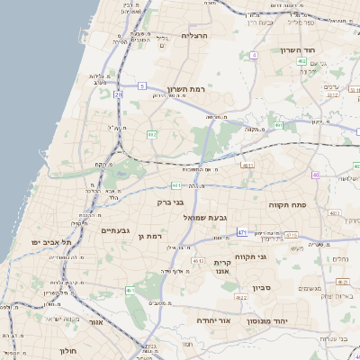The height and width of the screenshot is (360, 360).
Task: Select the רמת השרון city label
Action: point(187,89)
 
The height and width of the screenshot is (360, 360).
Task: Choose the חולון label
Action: point(70,350)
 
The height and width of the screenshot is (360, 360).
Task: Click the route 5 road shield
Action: point(141,86)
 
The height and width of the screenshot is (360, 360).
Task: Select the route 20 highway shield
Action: point(118,93)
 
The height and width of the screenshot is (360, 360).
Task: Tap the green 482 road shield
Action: point(152,134)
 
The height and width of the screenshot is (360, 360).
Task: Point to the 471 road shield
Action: point(242,232)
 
